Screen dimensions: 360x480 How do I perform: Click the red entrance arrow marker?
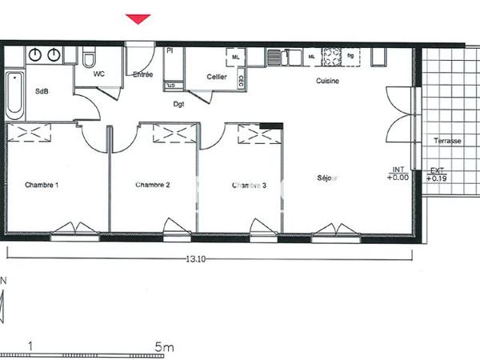coord(138,19)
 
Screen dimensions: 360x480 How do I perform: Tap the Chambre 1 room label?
coord(42,185)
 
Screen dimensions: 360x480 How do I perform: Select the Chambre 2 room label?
coord(152,185)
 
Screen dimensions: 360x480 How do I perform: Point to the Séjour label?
coord(326,178)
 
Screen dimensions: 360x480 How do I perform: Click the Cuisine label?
coord(328,82)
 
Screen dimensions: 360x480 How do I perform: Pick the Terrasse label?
coord(447,141)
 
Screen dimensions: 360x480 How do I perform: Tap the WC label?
coord(99,74)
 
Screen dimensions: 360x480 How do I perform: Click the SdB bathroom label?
coord(42,91)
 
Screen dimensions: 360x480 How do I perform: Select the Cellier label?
coord(216,78)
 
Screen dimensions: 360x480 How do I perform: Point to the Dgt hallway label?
coord(179,103)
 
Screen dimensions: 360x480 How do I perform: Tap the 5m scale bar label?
coord(165,347)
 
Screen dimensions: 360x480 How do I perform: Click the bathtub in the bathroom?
coord(15,94)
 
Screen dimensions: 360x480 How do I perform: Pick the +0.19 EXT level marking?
coord(437,178)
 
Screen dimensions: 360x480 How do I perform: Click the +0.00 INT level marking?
coord(398,178)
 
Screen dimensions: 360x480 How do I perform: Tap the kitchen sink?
coord(276,58)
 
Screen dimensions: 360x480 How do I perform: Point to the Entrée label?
coord(143,74)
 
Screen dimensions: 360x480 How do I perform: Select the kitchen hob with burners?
coord(331,57)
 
